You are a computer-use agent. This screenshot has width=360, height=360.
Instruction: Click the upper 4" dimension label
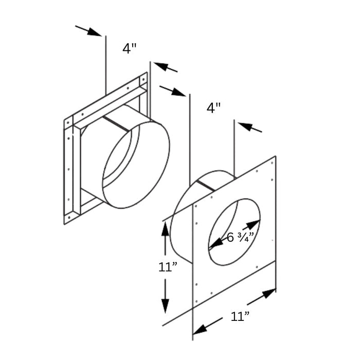tap(130, 48)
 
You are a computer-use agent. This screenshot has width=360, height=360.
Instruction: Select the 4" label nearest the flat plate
tap(214, 108)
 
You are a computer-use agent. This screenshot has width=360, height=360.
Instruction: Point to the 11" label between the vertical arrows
tap(168, 267)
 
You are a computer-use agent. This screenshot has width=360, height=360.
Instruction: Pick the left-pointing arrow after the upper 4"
tap(165, 67)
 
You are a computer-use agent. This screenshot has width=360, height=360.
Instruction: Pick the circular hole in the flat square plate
tap(234, 231)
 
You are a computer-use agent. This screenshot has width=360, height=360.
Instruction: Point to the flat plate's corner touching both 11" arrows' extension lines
tap(193, 308)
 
